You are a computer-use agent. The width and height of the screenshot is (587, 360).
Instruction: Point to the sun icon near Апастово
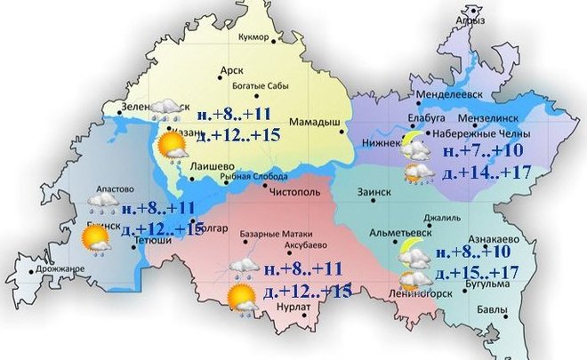point(92,237)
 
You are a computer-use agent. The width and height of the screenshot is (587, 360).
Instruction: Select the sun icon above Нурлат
point(239,297)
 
